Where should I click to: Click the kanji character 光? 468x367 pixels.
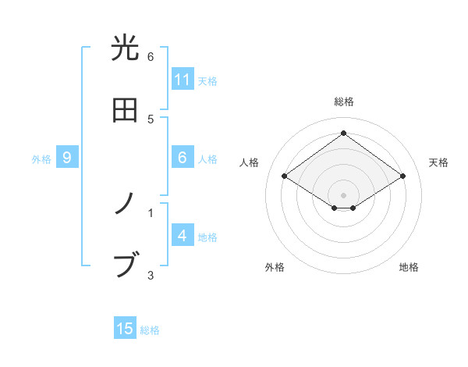click(x=126, y=48)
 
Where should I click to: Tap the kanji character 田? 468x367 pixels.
click(x=126, y=110)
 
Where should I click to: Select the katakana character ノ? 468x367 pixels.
click(x=126, y=204)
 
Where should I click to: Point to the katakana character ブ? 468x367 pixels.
click(x=126, y=265)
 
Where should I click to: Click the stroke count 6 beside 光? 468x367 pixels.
click(x=151, y=57)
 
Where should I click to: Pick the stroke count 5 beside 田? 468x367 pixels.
click(x=151, y=119)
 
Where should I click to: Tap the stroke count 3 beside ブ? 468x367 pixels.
click(x=151, y=274)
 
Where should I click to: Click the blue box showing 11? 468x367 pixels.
click(x=183, y=80)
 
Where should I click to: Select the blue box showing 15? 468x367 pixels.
click(x=125, y=329)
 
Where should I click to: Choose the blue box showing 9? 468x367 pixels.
click(x=67, y=158)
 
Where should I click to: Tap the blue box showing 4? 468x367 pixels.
click(x=182, y=236)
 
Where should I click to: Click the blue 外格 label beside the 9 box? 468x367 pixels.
click(x=41, y=159)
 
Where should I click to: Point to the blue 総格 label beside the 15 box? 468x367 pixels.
click(x=150, y=330)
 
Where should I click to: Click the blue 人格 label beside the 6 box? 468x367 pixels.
click(x=207, y=159)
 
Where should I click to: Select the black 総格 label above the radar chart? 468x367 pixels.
click(x=344, y=102)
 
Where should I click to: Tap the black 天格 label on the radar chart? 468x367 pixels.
click(x=439, y=162)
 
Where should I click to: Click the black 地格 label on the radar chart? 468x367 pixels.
click(x=409, y=267)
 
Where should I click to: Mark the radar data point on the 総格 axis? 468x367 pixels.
click(x=343, y=133)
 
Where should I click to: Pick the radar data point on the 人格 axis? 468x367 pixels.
click(x=285, y=176)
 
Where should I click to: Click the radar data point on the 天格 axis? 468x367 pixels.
click(x=402, y=176)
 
